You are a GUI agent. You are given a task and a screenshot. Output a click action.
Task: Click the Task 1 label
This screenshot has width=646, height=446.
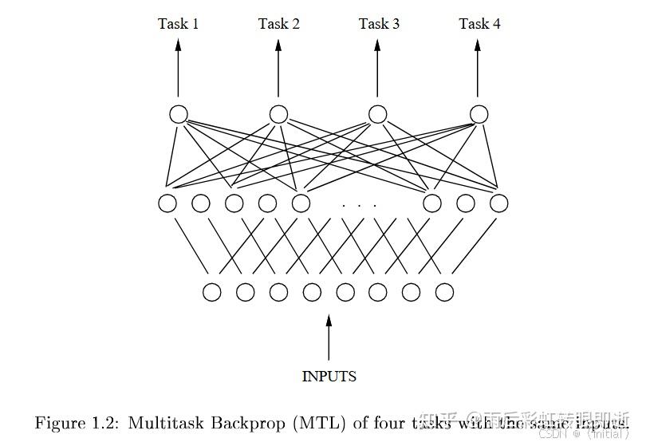pos(178,24)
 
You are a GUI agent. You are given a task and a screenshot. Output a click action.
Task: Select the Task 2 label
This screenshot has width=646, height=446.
pos(278,24)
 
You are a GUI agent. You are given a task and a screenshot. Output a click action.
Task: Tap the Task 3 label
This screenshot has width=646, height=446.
pos(379,24)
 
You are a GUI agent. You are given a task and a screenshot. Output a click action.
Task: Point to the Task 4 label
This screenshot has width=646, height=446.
pos(479,24)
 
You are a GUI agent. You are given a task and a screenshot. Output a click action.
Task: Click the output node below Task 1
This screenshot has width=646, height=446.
pos(178,114)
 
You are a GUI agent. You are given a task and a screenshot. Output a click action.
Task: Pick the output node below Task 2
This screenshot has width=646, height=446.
pos(278,114)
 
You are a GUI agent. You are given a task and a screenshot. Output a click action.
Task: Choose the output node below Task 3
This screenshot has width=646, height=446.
pos(378,114)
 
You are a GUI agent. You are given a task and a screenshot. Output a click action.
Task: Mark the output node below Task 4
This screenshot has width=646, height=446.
pos(479,114)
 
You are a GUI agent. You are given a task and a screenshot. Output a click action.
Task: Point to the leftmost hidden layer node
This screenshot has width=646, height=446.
pos(167,203)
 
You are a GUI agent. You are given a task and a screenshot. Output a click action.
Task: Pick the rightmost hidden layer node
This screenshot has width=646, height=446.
pos(499,203)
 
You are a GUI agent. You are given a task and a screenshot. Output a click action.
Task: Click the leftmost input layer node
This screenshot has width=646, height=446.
pos(211,292)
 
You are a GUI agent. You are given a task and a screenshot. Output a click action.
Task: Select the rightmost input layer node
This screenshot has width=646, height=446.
pos(445,292)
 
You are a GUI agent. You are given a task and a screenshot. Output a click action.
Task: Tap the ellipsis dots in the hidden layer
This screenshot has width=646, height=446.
pos(359,205)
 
